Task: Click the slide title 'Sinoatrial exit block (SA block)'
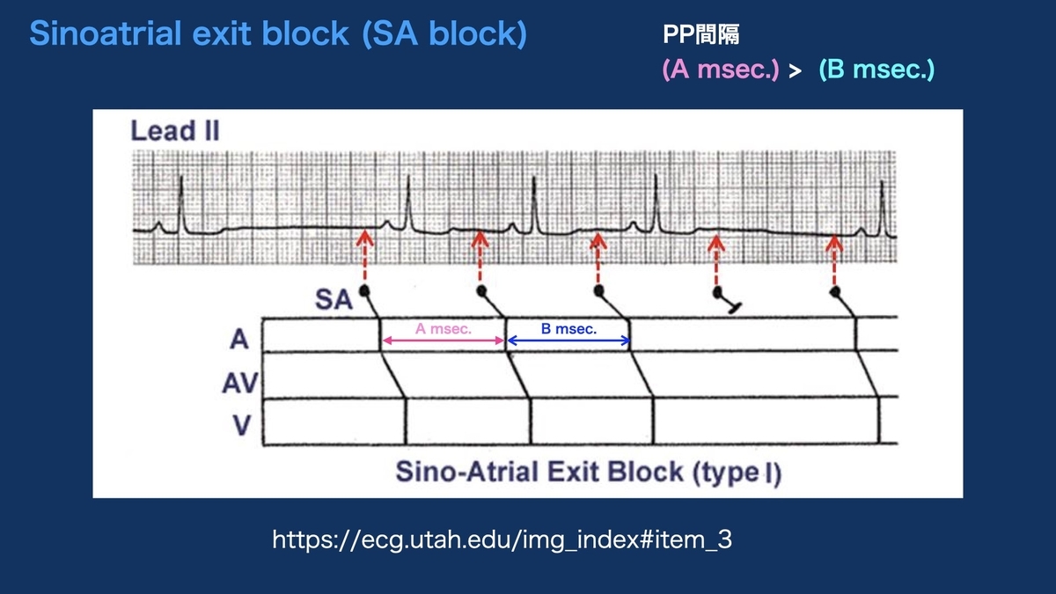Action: coord(278,34)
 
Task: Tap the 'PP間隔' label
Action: coord(701,35)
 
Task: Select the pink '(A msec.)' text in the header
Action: coord(720,70)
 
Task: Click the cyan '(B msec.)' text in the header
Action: coord(876,70)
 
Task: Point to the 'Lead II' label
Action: coord(175,132)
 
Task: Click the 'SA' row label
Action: coord(333,301)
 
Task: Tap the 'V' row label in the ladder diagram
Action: coord(242,426)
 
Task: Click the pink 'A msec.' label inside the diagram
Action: coord(444,329)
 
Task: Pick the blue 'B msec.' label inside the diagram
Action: coord(569,329)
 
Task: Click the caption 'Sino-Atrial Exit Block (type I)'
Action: coord(588,472)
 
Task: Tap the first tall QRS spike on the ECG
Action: coord(181,202)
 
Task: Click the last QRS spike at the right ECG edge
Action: coord(884,207)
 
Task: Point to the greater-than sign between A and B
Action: coord(795,71)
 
